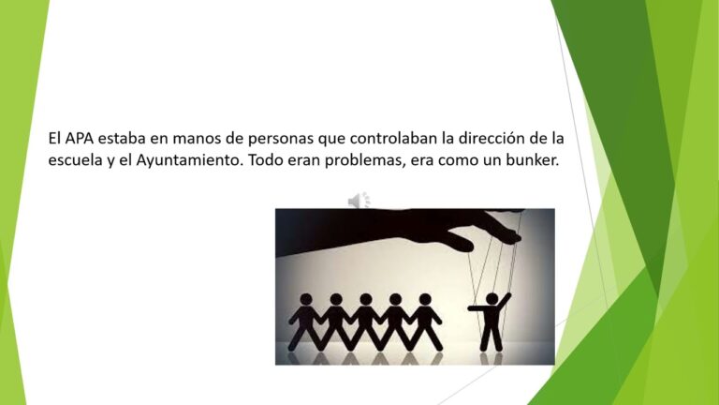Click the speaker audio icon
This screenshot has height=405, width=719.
pos(359,201)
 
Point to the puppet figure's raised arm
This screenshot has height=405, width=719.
pos(504,301)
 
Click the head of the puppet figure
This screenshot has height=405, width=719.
pos(492,299)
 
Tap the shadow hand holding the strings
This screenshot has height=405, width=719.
pos(400,230)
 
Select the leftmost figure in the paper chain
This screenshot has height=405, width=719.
pos(304,322)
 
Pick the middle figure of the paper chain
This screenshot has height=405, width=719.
pos(365,322)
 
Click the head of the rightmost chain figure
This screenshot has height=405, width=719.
pos(425,299)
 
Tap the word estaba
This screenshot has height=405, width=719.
pos(122,138)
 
